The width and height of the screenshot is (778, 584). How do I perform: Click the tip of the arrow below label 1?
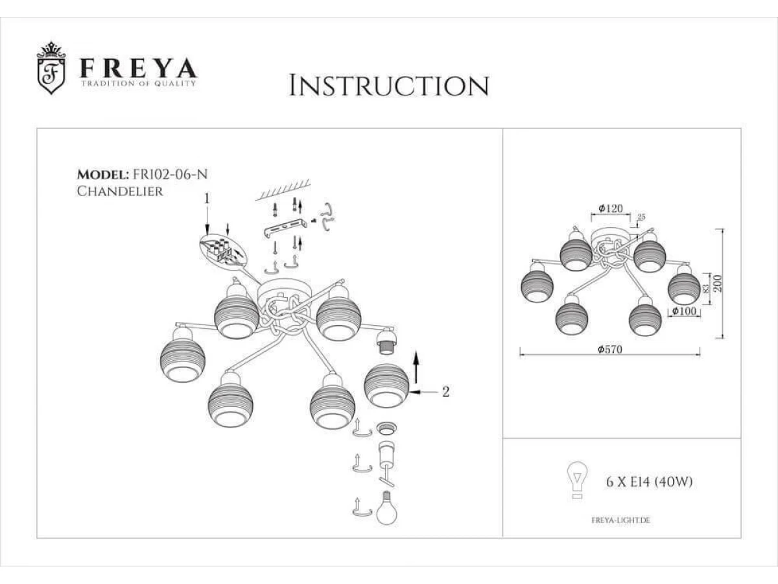207,234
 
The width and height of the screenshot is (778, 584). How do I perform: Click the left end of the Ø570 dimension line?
520,355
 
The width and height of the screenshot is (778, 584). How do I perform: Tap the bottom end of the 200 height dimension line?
723,338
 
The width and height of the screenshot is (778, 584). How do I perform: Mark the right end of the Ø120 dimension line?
631,215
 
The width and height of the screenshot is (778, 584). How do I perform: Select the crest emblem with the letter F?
51,67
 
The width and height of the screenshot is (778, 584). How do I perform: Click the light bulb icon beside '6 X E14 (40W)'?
578,480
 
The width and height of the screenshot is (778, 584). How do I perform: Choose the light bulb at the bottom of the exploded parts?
386,508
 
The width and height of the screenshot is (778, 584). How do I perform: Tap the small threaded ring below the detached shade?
386,428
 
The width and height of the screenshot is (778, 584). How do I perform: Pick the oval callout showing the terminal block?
223,252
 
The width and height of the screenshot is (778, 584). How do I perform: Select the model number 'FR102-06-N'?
170,175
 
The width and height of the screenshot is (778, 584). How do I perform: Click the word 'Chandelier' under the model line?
120,191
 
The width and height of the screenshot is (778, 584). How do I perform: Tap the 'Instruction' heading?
389,85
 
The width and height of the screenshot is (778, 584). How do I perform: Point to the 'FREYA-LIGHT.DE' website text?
620,520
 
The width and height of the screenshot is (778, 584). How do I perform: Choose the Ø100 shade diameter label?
684,311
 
